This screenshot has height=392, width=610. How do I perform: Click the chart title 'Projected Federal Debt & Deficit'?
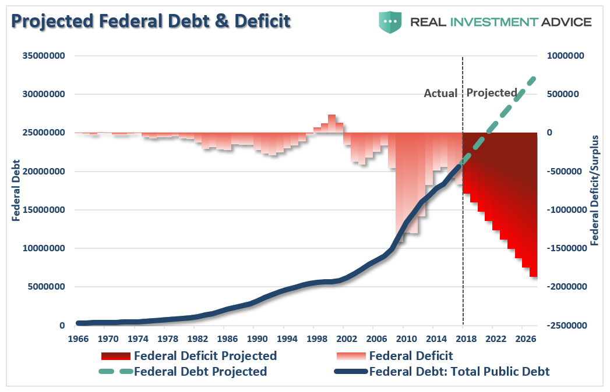pyautogui.click(x=151, y=22)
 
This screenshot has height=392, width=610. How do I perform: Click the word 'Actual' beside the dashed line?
pyautogui.click(x=440, y=93)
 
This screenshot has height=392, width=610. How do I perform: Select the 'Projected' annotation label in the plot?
pyautogui.click(x=492, y=92)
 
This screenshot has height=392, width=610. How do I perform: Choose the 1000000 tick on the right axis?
pyautogui.click(x=565, y=56)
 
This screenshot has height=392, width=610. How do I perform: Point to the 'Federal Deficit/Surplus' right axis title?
pyautogui.click(x=595, y=190)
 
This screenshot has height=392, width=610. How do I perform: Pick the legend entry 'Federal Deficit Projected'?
pyautogui.click(x=205, y=355)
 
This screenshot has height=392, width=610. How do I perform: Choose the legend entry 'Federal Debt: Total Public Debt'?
pyautogui.click(x=459, y=372)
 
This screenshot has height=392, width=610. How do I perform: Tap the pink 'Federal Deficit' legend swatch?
pyautogui.click(x=351, y=355)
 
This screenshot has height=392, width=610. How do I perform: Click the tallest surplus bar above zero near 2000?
pyautogui.click(x=332, y=123)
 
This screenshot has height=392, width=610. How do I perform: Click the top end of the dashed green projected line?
pyautogui.click(x=533, y=79)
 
